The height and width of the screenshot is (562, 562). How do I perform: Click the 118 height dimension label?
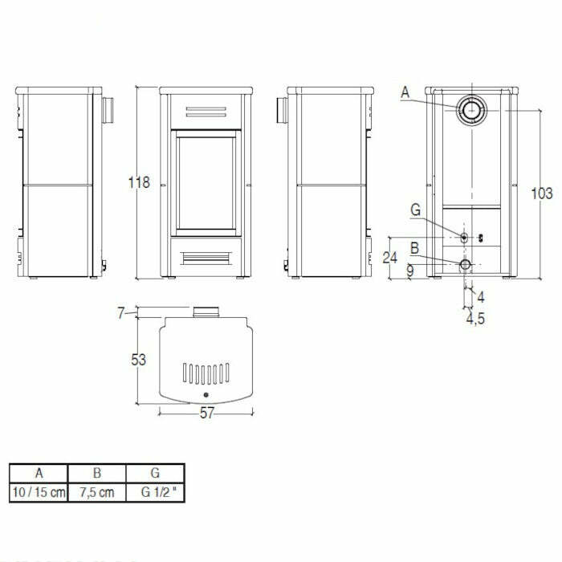(139, 182)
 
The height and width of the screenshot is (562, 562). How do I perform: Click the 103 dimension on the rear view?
(543, 193)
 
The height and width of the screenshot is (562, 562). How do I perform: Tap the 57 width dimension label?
(206, 414)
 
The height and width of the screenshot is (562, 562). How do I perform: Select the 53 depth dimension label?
(139, 360)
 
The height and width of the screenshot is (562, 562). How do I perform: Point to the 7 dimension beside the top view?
(121, 313)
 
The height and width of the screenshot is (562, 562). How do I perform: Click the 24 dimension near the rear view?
(390, 258)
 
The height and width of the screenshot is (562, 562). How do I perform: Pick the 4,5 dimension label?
(475, 318)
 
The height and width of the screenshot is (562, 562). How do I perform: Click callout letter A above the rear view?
(405, 94)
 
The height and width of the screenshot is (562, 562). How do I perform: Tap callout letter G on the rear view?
(415, 210)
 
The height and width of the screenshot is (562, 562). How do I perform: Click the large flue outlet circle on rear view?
(470, 112)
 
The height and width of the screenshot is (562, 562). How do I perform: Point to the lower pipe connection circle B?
(466, 264)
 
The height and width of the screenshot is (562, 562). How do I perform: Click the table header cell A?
(39, 473)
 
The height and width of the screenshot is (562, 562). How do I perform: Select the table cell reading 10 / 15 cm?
(39, 491)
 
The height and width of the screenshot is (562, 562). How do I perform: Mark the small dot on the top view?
(206, 397)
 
